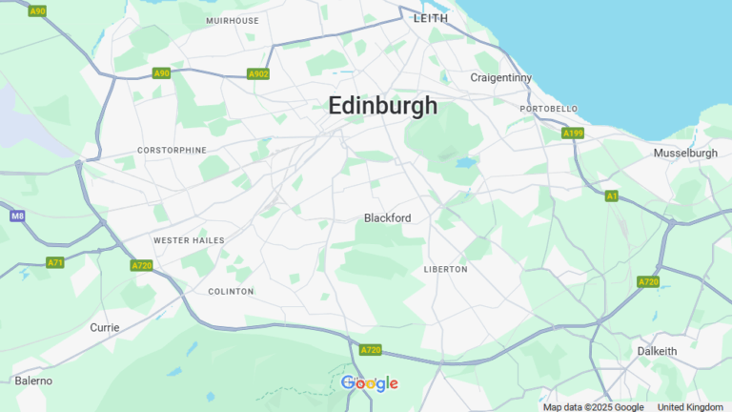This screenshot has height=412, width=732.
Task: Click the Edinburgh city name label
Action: [383, 106]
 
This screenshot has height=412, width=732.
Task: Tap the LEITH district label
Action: [431, 18]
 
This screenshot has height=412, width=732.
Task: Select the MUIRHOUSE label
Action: [233, 20]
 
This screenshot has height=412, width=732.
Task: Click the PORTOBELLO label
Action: [549, 110]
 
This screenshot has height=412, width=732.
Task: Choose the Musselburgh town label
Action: [685, 153]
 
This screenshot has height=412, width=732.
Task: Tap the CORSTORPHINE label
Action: [172, 151]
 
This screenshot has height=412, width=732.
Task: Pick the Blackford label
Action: [387, 218]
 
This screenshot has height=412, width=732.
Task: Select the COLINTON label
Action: [231, 291]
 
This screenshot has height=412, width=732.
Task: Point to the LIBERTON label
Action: [445, 270]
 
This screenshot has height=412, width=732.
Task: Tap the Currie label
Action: [105, 327]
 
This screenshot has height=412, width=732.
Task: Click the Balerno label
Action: [33, 381]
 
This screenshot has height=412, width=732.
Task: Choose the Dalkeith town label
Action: [657, 351]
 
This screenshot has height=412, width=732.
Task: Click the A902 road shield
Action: [258, 73]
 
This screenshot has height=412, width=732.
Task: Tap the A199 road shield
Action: [573, 134]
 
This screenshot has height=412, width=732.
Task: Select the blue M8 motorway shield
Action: [17, 216]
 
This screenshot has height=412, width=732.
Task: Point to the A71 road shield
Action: [55, 262]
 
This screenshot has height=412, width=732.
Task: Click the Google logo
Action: [370, 383]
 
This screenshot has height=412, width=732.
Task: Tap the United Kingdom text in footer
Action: [690, 407]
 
